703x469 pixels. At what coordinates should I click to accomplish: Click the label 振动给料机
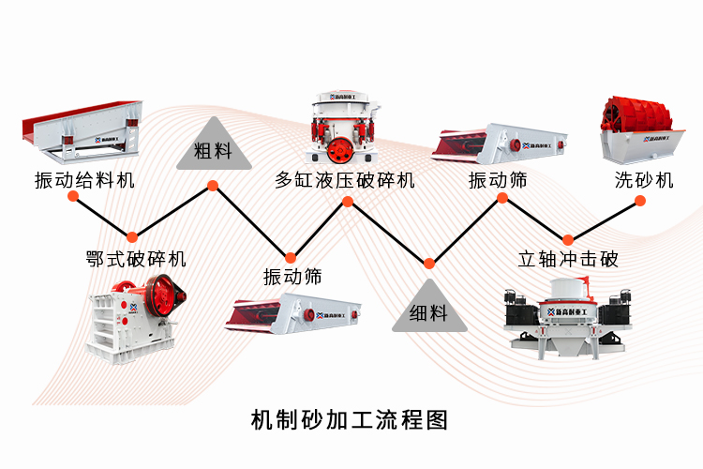tap(83, 180)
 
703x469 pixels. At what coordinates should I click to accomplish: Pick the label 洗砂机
tap(644, 180)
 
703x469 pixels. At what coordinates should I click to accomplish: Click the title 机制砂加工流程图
tap(351, 419)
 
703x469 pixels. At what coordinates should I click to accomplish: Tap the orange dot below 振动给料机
tap(132, 237)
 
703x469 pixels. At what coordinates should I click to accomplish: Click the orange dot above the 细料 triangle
tap(429, 263)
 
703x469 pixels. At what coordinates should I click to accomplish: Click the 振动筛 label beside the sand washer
tap(498, 180)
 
